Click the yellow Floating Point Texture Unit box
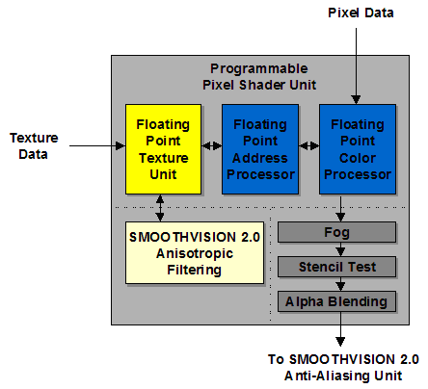point(163,149)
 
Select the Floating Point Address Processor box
point(260,149)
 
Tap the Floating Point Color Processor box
point(358,149)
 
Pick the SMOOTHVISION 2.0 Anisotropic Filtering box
point(195,252)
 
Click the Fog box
point(336,232)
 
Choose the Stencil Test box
point(336,267)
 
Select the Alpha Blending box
point(336,301)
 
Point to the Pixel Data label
point(361,13)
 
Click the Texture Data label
point(34,146)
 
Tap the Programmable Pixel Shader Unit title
point(259,77)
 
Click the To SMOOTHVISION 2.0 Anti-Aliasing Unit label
point(343,368)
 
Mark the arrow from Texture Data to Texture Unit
point(97,145)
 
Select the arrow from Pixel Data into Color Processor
point(356,66)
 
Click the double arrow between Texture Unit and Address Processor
point(212,146)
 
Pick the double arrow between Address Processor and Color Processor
point(309,146)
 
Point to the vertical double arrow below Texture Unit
point(160,208)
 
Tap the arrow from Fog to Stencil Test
point(340,249)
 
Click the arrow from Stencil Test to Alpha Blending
point(340,284)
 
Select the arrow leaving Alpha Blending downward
point(340,329)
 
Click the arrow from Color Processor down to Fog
point(340,208)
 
